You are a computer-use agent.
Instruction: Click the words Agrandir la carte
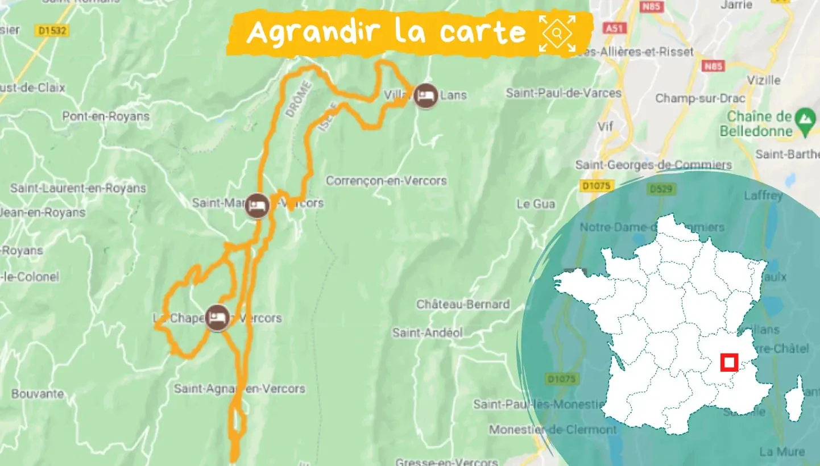pyautogui.click(x=386, y=32)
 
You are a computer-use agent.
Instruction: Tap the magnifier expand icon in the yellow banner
pyautogui.click(x=557, y=34)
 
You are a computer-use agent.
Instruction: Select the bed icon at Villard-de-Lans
pyautogui.click(x=425, y=95)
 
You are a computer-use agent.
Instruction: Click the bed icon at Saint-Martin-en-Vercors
pyautogui.click(x=257, y=207)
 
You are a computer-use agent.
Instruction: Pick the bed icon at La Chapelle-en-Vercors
pyautogui.click(x=217, y=318)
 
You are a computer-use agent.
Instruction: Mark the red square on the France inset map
pyautogui.click(x=728, y=362)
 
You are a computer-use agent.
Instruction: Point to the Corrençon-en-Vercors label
pyautogui.click(x=386, y=181)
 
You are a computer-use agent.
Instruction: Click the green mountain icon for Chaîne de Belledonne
pyautogui.click(x=804, y=118)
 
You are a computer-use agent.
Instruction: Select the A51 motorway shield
pyautogui.click(x=613, y=28)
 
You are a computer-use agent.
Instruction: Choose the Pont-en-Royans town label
pyautogui.click(x=106, y=116)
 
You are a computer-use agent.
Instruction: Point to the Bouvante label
pyautogui.click(x=38, y=393)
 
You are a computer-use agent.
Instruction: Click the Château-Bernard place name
pyautogui.click(x=463, y=304)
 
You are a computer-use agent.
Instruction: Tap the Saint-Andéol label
pyautogui.click(x=427, y=333)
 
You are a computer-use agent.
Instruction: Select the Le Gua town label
pyautogui.click(x=536, y=203)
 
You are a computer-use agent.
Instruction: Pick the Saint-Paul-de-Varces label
pyautogui.click(x=564, y=93)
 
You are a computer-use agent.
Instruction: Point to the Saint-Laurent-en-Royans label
pyautogui.click(x=78, y=188)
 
